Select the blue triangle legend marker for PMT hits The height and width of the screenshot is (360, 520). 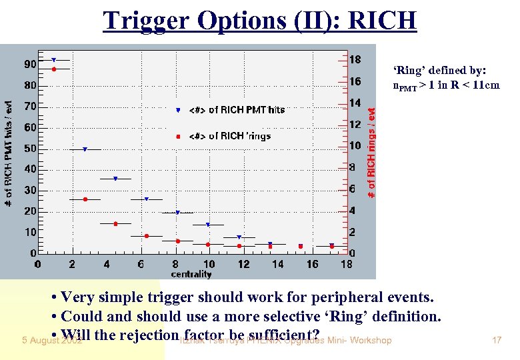coord(177,110)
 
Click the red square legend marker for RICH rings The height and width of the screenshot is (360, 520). coord(177,136)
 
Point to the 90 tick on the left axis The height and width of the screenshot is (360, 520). coord(31,64)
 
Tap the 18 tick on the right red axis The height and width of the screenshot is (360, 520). coord(356,59)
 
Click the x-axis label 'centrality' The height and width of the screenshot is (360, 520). coord(191,274)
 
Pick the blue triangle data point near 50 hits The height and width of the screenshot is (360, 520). coord(85,149)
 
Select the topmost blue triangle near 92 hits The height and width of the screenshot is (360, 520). coord(54,60)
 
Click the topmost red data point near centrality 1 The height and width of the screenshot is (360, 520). coord(54,69)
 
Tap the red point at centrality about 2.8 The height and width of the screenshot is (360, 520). coord(85,199)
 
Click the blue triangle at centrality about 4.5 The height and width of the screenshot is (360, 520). coord(115,179)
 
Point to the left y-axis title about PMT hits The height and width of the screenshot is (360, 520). coord(9,153)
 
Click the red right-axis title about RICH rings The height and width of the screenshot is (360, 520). coord(372,153)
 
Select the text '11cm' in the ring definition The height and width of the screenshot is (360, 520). coord(485,85)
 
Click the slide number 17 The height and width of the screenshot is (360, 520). coord(496,341)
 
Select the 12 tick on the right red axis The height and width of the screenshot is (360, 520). coord(356,124)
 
